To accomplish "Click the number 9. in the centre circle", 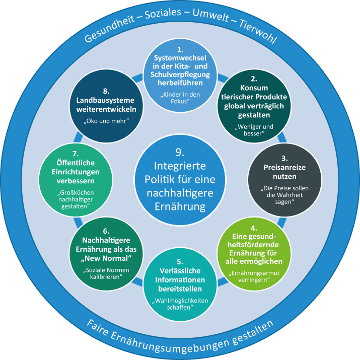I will tap(180, 152).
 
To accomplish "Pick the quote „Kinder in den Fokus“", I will tap(180, 98).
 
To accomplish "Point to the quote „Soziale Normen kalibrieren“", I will tap(107, 275).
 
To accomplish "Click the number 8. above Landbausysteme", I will tap(106, 91).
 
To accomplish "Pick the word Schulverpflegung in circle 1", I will tap(180, 75).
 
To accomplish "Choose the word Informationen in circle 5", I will tap(180, 280).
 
